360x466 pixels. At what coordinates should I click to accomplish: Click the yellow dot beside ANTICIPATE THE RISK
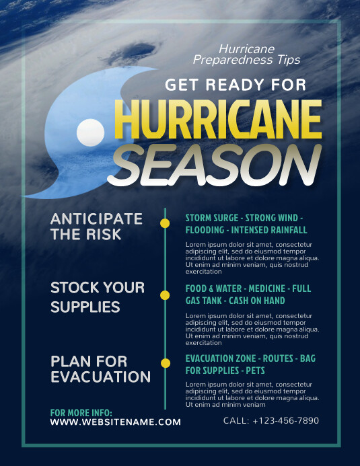click(x=165, y=223)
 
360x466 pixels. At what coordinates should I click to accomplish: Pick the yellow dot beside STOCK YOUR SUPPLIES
click(x=165, y=295)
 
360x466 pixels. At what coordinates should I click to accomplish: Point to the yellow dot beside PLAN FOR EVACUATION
click(x=165, y=363)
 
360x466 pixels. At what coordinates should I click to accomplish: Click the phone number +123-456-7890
click(x=285, y=420)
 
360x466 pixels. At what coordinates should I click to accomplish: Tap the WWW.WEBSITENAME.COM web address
click(x=116, y=422)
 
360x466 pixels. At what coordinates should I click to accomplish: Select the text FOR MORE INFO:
click(x=81, y=412)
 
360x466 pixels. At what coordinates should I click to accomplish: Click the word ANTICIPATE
click(x=97, y=219)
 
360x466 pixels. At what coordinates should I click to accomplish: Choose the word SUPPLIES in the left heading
click(x=85, y=307)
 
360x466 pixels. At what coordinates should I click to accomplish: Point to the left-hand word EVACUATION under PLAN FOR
click(x=100, y=377)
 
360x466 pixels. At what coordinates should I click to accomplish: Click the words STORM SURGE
click(x=212, y=219)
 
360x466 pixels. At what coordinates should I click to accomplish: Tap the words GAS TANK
click(x=204, y=301)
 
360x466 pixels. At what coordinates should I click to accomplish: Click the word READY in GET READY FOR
click(x=230, y=85)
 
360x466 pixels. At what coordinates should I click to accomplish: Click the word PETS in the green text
click(x=255, y=371)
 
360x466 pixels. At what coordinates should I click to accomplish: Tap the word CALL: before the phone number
click(x=236, y=420)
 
